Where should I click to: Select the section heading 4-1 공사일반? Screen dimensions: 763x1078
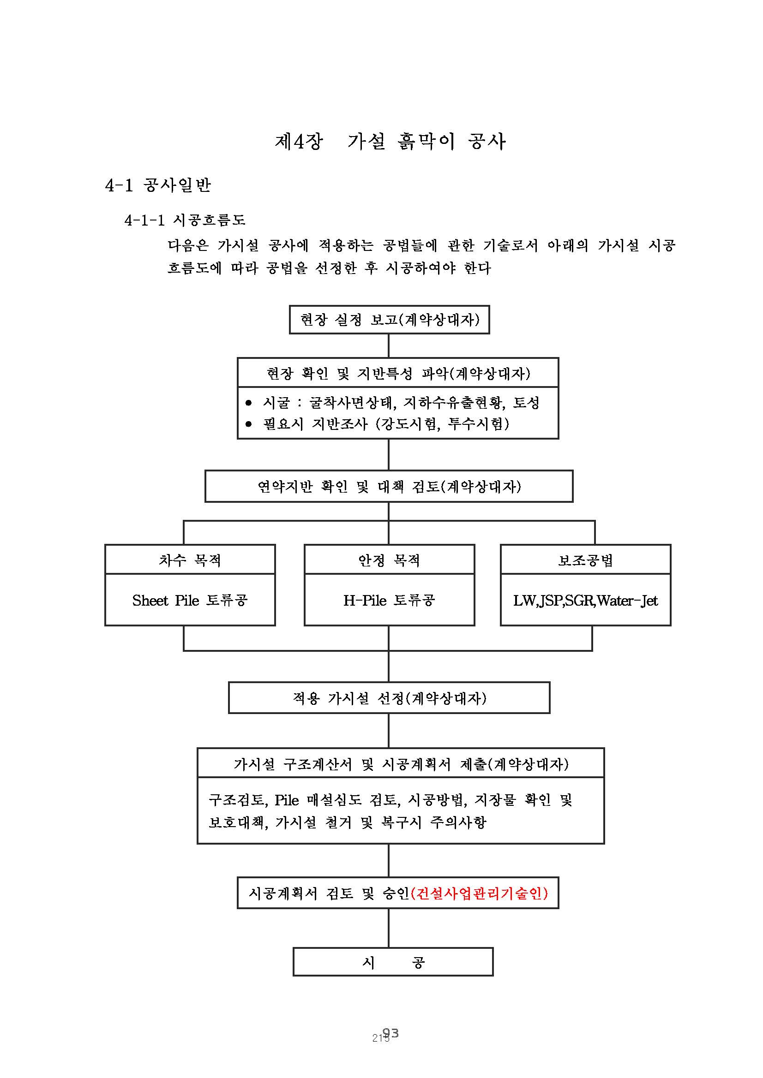point(158,185)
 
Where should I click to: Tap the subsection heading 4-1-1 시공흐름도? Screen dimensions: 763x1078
point(185,220)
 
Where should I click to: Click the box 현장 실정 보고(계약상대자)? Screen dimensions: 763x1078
point(389,320)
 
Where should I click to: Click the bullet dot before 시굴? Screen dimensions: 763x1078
point(249,403)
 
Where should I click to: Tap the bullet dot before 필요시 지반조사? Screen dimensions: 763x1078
point(249,424)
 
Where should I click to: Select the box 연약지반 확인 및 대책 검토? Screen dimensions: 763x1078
point(389,486)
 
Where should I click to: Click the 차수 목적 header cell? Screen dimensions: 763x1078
point(190,560)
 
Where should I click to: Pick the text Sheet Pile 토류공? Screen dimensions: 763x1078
point(190,601)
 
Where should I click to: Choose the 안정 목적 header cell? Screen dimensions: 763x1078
point(389,560)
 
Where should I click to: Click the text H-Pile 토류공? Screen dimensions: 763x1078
point(389,601)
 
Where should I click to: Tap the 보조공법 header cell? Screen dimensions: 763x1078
point(585,560)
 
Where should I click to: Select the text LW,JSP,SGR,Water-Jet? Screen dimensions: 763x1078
point(585,601)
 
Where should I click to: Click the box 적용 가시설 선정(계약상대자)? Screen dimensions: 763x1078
point(389,698)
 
